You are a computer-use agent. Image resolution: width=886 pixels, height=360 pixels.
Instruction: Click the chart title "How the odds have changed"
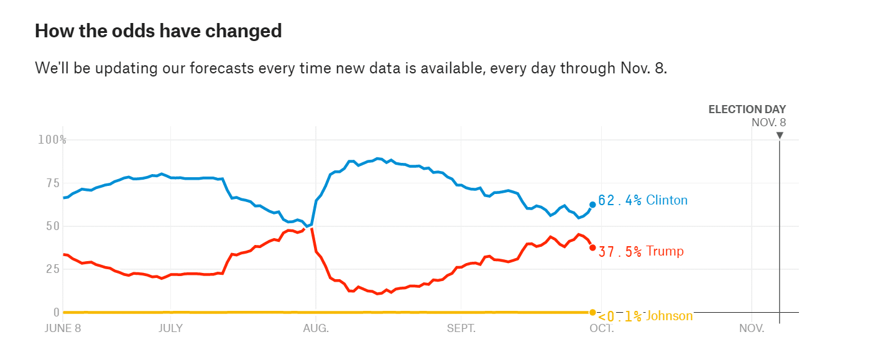[158, 30]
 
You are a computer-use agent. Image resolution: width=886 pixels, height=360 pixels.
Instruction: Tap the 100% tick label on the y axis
[52, 139]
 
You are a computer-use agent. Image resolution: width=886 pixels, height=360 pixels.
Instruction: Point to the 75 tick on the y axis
[55, 183]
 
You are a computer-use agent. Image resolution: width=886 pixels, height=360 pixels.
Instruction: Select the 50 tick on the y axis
[55, 226]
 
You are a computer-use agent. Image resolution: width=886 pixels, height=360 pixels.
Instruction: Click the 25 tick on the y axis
[55, 269]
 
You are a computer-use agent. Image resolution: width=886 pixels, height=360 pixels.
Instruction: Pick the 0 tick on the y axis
[57, 312]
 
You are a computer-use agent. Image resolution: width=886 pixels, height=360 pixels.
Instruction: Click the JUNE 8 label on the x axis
[63, 328]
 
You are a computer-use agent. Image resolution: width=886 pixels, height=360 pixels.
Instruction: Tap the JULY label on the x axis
[170, 328]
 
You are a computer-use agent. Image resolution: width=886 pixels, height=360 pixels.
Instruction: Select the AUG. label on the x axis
[316, 328]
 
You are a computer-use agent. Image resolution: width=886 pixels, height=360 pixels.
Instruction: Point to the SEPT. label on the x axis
[461, 328]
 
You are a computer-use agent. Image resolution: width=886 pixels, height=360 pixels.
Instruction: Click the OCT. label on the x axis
[602, 328]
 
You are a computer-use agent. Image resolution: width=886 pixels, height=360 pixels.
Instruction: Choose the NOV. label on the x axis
[752, 328]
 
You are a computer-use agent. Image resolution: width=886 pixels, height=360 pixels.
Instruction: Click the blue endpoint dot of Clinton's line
[593, 205]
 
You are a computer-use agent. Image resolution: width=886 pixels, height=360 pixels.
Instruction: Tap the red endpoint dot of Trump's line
[593, 247]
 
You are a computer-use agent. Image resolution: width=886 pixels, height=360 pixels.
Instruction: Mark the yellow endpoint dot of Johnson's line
[593, 312]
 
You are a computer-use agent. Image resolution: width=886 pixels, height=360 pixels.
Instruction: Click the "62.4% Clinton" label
[642, 200]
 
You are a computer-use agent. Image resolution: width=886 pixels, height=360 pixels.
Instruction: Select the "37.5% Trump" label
[640, 251]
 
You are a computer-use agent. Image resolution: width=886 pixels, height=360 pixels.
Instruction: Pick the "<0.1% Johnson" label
[644, 316]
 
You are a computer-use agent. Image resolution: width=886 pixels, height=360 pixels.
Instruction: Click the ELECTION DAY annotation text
[747, 109]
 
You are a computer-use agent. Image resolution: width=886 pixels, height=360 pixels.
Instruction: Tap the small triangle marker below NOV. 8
[780, 135]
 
